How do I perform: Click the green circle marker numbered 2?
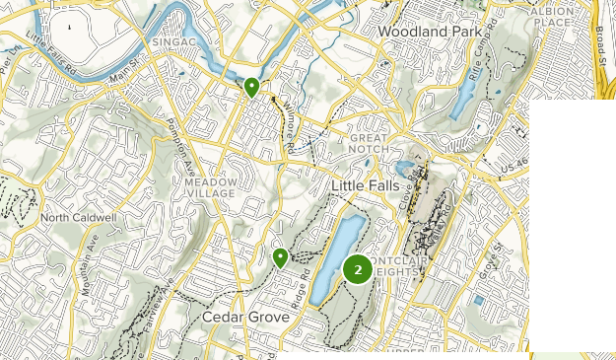click(357, 268)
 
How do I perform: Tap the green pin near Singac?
click(252, 88)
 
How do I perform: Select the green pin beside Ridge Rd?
click(281, 258)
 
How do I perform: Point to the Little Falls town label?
click(368, 186)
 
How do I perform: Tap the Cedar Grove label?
click(245, 318)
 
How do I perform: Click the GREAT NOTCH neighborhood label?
click(372, 144)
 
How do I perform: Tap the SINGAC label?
click(175, 43)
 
